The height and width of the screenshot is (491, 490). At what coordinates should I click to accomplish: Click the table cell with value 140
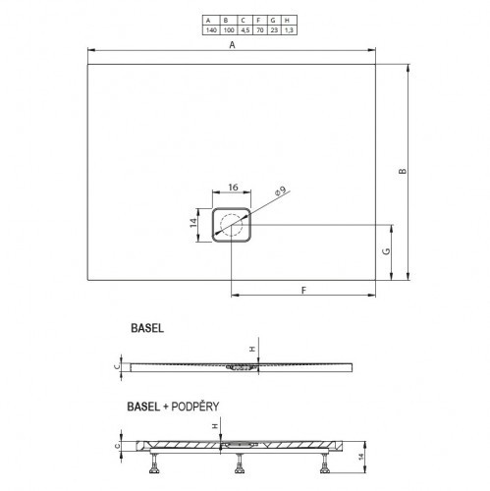211,30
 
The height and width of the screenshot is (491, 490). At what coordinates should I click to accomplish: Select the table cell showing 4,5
245,30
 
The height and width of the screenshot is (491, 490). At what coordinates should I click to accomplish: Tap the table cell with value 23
274,30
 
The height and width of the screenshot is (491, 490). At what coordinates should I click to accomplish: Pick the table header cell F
260,21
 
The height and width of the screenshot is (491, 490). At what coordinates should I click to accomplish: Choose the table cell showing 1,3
289,30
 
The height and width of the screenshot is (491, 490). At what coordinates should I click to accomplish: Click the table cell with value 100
229,30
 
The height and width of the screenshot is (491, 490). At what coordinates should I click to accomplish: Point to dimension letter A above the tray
232,45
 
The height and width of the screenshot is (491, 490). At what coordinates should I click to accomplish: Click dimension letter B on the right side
403,171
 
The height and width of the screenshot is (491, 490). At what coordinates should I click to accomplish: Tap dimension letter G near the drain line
387,251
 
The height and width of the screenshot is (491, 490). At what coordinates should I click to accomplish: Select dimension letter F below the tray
304,290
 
